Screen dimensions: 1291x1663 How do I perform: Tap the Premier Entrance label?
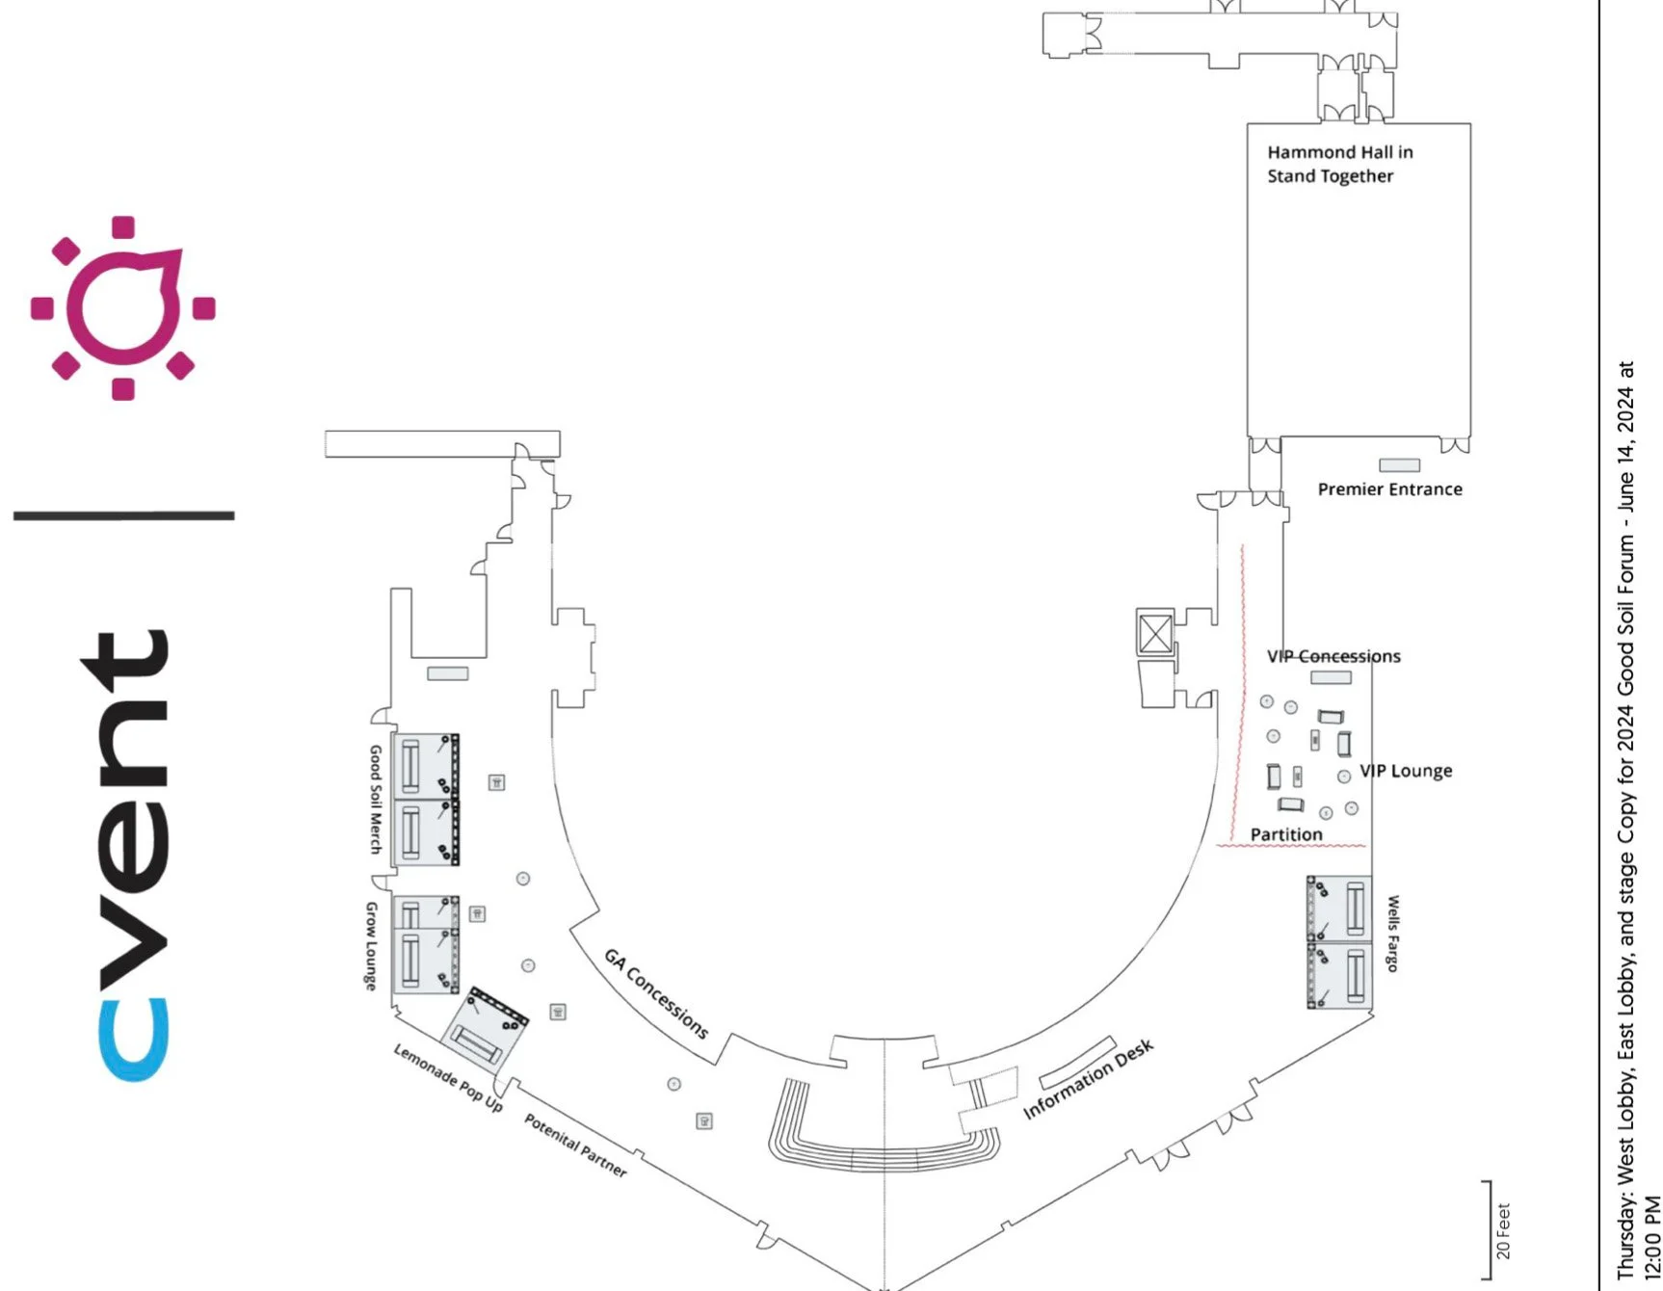[1389, 489]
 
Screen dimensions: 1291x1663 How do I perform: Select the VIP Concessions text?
[1333, 656]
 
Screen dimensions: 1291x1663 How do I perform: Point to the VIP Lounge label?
[1406, 771]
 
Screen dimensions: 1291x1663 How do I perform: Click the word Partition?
[1286, 834]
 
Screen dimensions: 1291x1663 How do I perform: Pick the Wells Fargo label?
[1393, 934]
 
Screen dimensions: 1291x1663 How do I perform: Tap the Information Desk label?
[1088, 1079]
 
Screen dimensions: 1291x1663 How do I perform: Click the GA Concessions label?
[656, 993]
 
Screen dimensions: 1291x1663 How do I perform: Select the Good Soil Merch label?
[376, 799]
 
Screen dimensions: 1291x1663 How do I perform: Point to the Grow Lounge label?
[370, 946]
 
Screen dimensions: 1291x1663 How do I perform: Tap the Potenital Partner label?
[575, 1146]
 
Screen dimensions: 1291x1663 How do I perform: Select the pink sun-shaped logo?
[123, 308]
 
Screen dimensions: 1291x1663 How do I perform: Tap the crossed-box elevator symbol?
[1155, 634]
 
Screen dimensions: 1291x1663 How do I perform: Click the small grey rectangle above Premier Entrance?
[1399, 465]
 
